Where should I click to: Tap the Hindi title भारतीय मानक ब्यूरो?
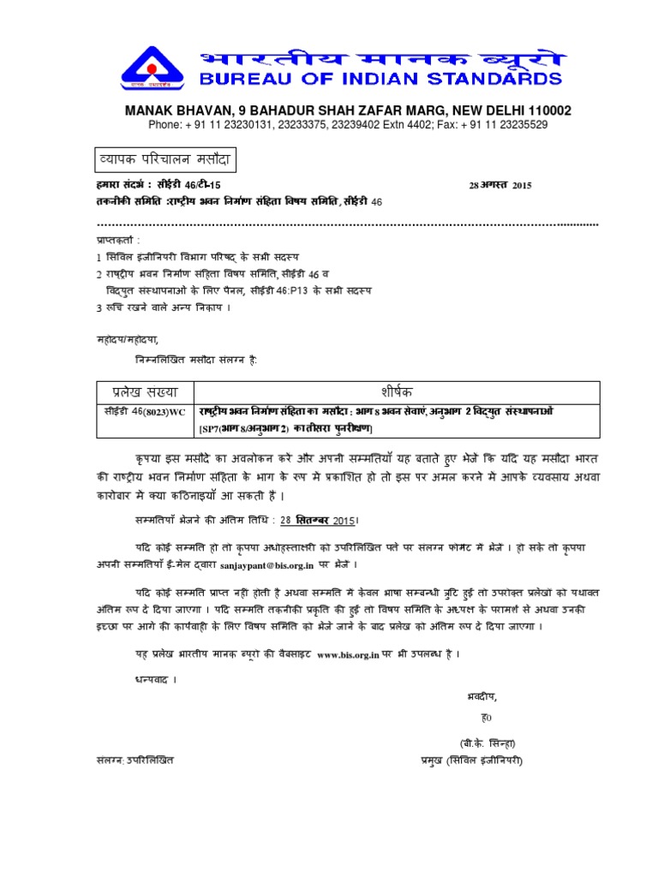pos(371,58)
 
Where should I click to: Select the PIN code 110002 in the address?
pos(544,111)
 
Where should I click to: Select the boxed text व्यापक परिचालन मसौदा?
pos(160,160)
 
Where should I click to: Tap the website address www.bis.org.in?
pos(347,654)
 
